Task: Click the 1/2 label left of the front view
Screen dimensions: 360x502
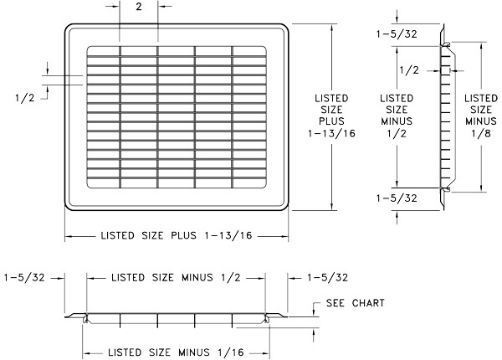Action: click(24, 97)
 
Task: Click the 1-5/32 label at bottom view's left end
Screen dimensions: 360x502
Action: click(23, 277)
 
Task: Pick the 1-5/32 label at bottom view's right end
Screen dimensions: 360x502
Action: click(327, 277)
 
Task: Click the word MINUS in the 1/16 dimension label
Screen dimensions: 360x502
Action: click(205, 352)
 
